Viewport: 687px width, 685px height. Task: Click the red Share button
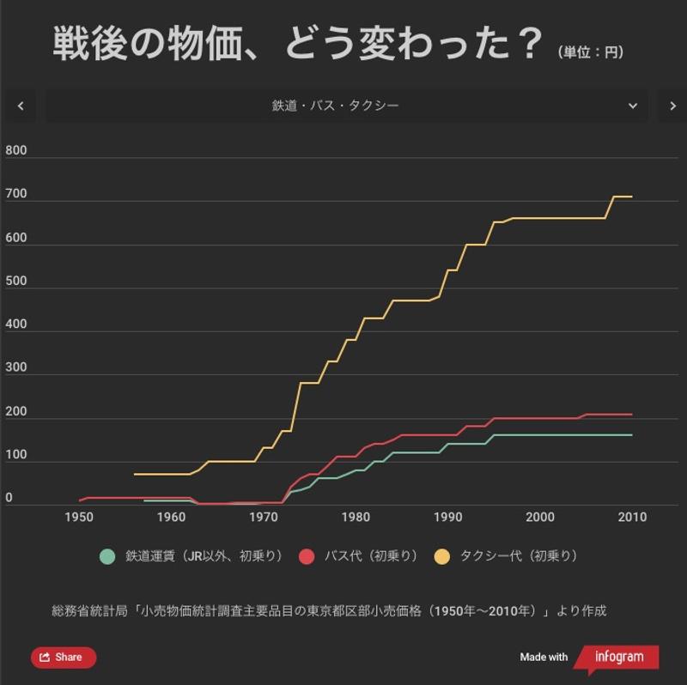tap(64, 658)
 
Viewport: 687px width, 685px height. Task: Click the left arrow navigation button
tap(21, 106)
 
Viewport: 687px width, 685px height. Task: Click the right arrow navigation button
tap(673, 106)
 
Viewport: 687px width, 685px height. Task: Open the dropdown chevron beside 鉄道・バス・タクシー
tap(633, 106)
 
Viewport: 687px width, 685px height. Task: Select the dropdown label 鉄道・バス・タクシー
tap(335, 106)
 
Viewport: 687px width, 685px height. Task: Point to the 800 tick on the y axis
tap(16, 151)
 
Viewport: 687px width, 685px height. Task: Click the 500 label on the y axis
tap(16, 282)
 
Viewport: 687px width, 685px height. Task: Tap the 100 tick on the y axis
tap(16, 455)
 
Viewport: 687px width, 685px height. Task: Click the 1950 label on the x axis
tap(79, 517)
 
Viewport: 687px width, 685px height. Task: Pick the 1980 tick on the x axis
tap(356, 517)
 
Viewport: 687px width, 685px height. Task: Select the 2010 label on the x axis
tap(632, 517)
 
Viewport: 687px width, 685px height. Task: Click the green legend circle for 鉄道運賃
tap(107, 556)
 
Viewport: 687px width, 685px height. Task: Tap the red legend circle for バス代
tap(307, 556)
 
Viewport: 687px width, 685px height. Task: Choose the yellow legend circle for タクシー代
tap(442, 556)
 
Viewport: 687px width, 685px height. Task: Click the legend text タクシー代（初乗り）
tap(519, 556)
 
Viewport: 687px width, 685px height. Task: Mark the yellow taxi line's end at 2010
tap(632, 197)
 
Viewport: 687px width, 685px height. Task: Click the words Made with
tap(544, 658)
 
